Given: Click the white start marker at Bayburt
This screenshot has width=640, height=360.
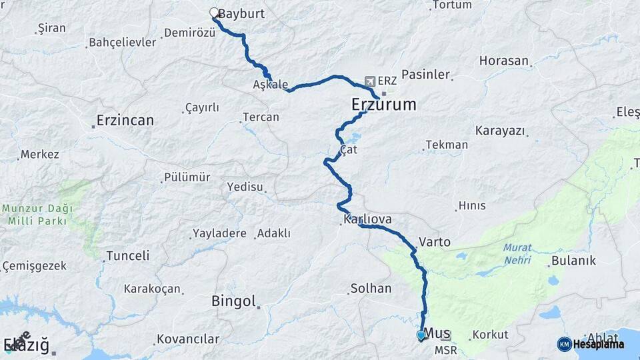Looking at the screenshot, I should (215, 13).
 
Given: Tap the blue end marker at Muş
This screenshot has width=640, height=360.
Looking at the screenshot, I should (421, 335).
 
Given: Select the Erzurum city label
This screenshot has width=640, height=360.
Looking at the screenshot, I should (383, 105).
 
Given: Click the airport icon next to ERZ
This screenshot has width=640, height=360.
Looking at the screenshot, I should (370, 81).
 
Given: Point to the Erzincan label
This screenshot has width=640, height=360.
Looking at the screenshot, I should (125, 121).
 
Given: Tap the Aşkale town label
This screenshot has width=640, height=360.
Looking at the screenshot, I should (271, 85).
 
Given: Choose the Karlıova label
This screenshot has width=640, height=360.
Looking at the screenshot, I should (367, 219).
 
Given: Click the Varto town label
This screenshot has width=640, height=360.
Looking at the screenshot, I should (435, 242).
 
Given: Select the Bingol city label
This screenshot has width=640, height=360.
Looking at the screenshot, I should (234, 301).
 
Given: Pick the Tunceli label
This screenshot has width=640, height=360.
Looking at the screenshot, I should (128, 255).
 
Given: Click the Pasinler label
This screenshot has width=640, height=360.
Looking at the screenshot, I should (427, 75).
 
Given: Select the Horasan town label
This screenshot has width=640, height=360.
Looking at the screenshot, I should (504, 61).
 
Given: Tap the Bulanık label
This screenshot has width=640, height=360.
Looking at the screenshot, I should (573, 261).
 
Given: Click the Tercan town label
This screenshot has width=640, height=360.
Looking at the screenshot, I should (261, 117).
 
